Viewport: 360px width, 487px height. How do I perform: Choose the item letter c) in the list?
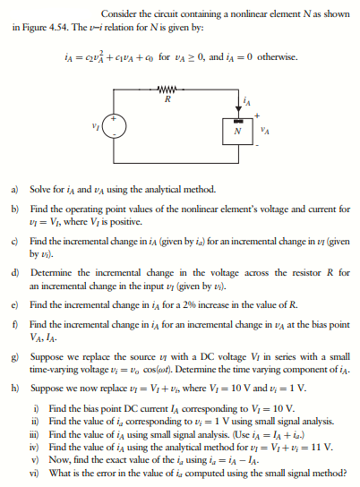click(x=15, y=242)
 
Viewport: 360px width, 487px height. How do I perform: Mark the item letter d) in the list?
click(x=15, y=271)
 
